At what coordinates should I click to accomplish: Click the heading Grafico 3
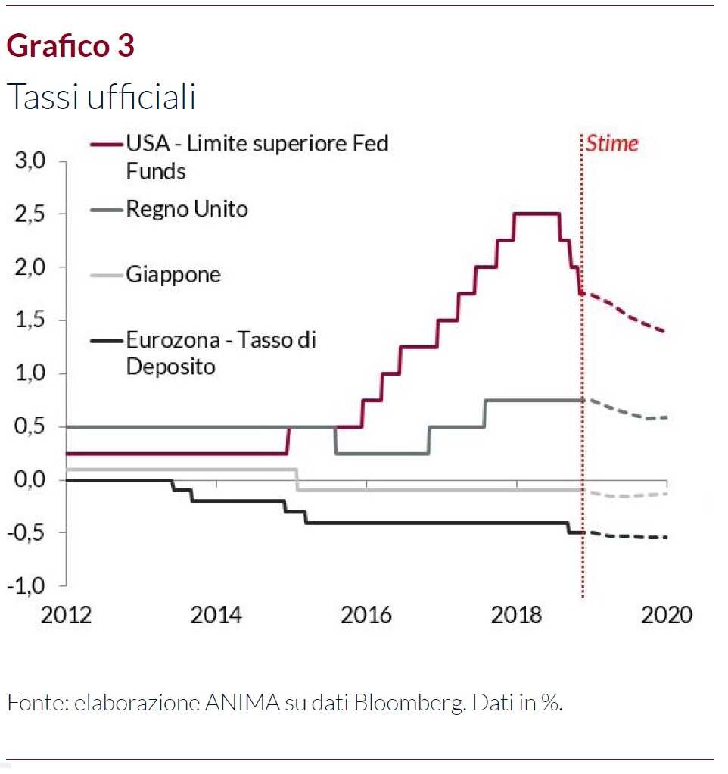[x=70, y=47]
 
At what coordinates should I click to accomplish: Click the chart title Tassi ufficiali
[x=101, y=97]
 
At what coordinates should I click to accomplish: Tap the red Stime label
[x=612, y=143]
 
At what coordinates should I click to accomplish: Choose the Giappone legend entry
[x=173, y=273]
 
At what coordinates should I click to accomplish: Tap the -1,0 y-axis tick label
[x=27, y=586]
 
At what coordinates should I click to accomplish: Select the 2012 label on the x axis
[x=66, y=613]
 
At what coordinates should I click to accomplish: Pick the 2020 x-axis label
[x=666, y=613]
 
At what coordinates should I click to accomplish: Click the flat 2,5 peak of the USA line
[x=537, y=214]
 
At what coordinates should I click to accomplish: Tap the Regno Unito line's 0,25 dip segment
[x=382, y=453]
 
